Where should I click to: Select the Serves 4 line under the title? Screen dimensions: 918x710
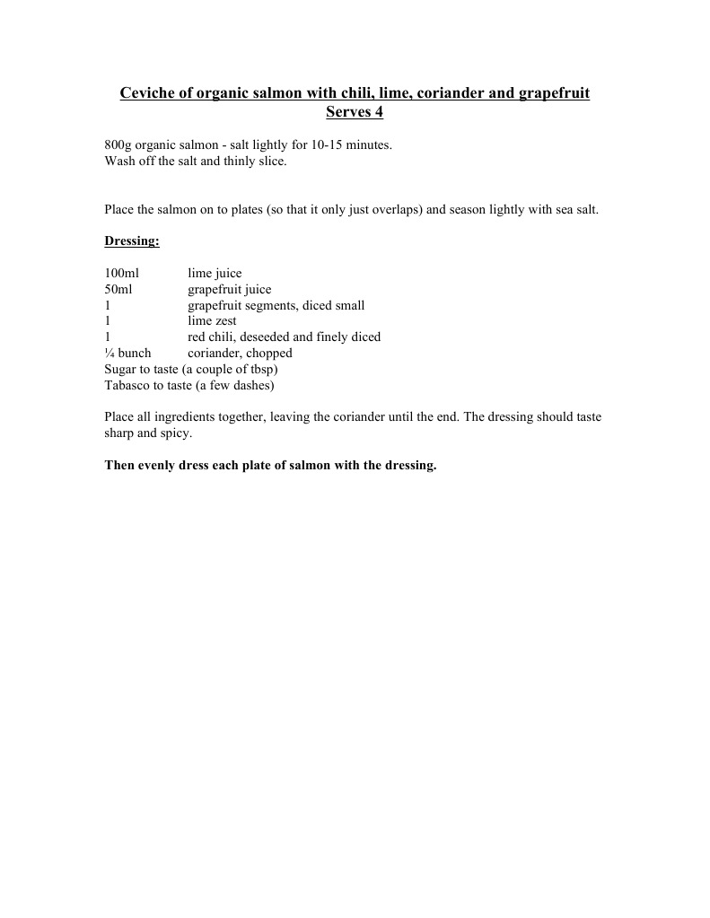355,113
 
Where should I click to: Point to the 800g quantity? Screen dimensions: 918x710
118,145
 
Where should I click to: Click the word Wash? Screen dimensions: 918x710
119,162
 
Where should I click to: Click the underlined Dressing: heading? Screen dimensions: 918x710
132,241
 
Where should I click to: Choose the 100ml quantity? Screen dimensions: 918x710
121,274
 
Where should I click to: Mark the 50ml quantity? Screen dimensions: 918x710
118,290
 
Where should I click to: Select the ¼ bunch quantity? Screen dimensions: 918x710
127,354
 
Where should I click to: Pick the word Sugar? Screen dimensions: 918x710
121,370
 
